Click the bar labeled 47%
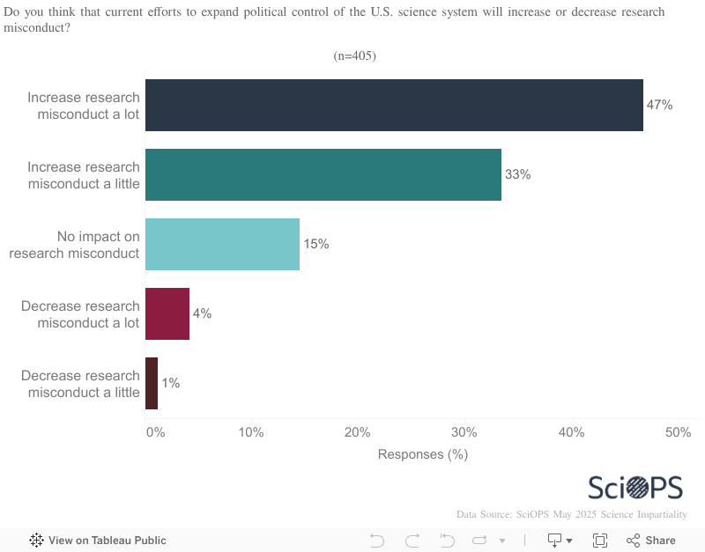pos(394,105)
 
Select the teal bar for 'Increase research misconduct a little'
pos(323,174)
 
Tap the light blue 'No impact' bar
pos(222,244)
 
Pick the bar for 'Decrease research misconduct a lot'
pos(167,313)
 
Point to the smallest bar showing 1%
pos(152,383)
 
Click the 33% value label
pos(517,174)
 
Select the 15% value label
pos(316,244)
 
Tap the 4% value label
pos(202,313)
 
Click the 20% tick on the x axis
pos(358,432)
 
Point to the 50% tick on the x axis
pos(678,432)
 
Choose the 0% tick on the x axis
pos(155,432)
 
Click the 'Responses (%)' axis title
pos(422,454)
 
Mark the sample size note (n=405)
pos(354,56)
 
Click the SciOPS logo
pos(636,488)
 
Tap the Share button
pos(651,541)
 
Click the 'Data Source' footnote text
pos(571,514)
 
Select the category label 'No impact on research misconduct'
pos(75,244)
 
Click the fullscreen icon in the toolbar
pos(600,541)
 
